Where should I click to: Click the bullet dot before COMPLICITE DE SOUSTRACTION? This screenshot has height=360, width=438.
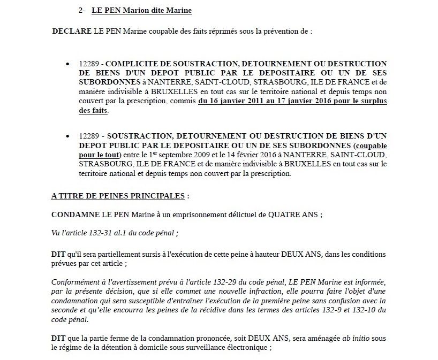[67, 64]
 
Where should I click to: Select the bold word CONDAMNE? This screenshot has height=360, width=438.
[73, 214]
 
